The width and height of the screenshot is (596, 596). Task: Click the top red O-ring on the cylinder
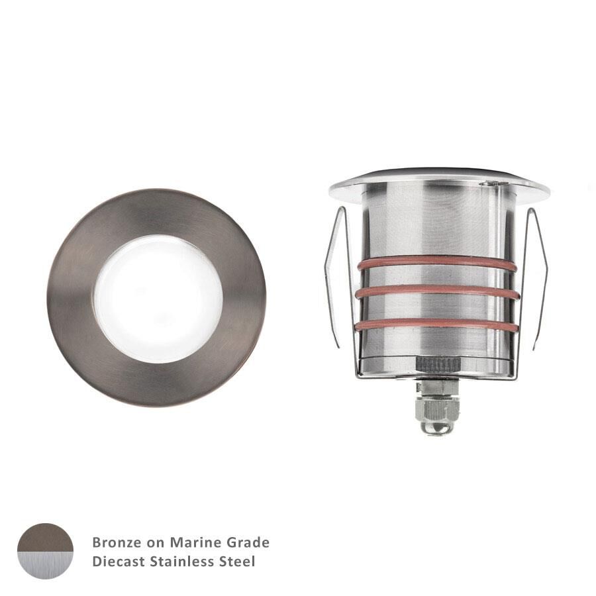point(437,264)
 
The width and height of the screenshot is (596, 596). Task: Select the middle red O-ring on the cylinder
point(437,291)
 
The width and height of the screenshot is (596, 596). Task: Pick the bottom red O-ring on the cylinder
point(437,324)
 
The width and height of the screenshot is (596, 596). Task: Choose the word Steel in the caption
point(238,562)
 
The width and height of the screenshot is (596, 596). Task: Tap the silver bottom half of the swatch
point(45,565)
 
